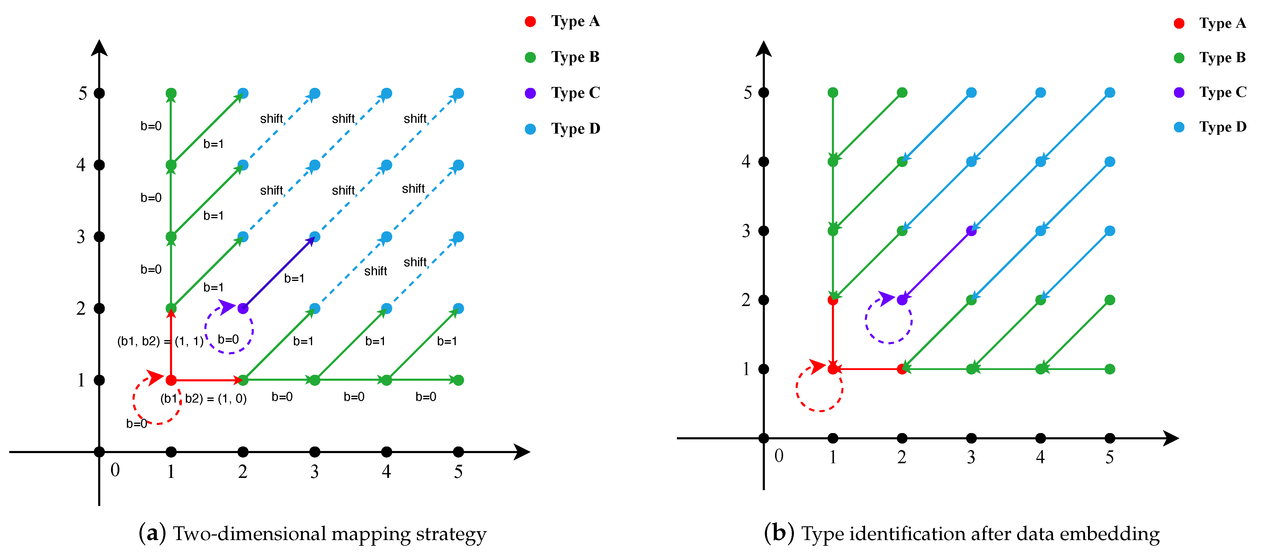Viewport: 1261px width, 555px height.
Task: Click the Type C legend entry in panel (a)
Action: (x=563, y=93)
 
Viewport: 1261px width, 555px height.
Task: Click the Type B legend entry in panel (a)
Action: (x=563, y=57)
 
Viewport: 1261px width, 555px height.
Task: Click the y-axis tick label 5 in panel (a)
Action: (x=83, y=93)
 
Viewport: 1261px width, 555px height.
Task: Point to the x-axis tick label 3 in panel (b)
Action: (x=971, y=457)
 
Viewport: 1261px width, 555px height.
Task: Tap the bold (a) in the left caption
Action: (x=152, y=533)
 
